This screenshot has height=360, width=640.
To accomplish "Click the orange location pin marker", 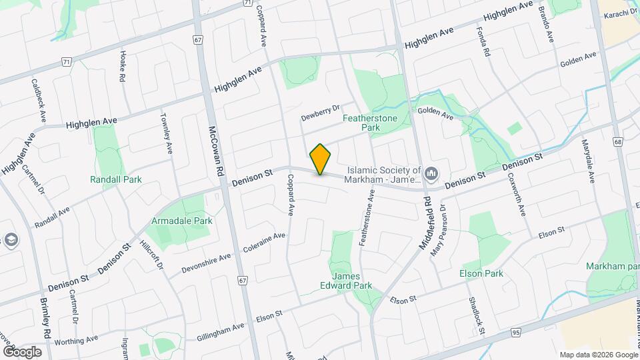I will [321, 159].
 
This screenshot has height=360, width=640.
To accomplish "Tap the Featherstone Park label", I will [370, 123].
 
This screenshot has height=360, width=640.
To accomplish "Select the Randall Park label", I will [116, 179].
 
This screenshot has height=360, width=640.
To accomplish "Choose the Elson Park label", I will [481, 273].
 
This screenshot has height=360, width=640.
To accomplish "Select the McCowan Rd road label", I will [216, 151].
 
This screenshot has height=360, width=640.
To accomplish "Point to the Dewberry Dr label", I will [321, 110].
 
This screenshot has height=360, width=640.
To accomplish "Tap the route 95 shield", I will [516, 331].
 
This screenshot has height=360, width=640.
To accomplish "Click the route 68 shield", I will [618, 142].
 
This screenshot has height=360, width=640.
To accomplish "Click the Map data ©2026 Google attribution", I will [598, 354].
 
